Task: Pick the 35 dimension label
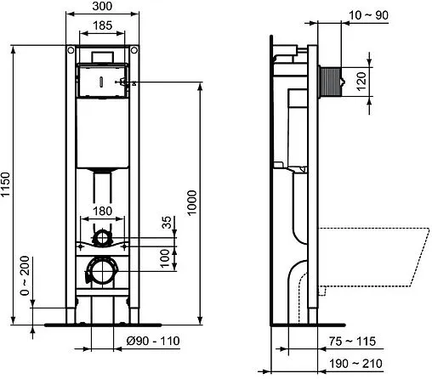pyautogui.click(x=167, y=226)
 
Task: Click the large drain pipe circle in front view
pyautogui.click(x=101, y=272)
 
